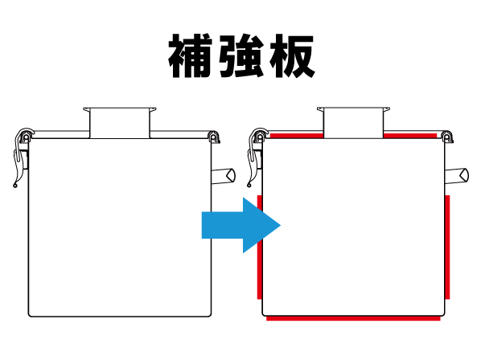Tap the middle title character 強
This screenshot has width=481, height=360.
[x=240, y=56]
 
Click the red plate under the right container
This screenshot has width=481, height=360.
[x=354, y=319]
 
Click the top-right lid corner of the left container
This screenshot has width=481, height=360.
[x=214, y=136]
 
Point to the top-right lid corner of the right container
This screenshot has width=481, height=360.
[x=447, y=136]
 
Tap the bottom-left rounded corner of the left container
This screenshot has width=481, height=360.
[x=31, y=312]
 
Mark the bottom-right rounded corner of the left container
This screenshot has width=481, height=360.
[x=209, y=312]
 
